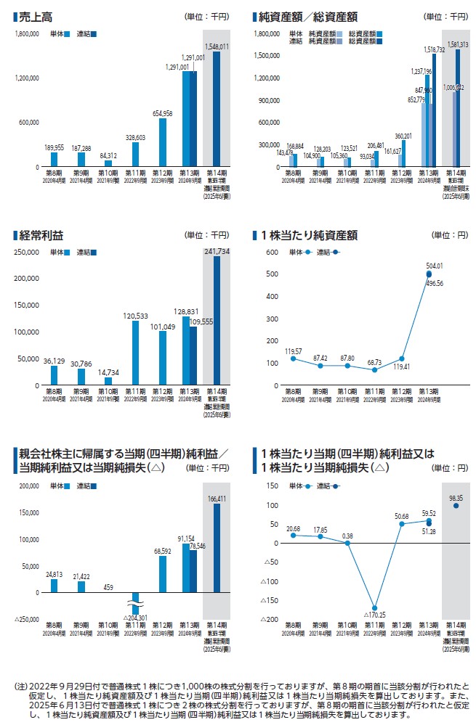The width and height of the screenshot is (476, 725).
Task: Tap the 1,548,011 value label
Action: click(216, 46)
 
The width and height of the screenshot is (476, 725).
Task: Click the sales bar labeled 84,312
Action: click(108, 163)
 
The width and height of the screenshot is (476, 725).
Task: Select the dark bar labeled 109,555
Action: click(193, 356)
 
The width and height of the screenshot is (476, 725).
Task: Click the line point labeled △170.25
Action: click(375, 607)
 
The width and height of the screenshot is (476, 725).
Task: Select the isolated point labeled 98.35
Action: click(456, 505)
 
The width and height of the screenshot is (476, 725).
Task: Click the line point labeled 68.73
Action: click(375, 369)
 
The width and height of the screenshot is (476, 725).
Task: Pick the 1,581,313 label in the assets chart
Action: click(459, 44)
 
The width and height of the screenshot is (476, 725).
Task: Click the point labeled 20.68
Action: click(293, 535)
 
